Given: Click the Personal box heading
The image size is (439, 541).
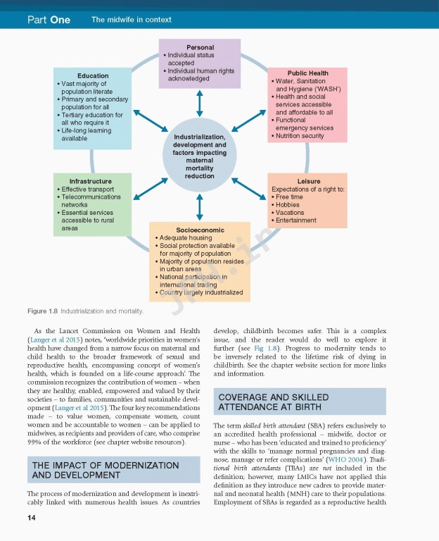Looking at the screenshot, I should pos(200,48).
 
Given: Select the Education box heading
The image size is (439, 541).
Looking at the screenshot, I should pos(93,76).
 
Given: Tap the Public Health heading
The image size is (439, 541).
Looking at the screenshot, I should pos(307,73).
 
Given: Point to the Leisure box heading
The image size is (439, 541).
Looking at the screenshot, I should pos(308,181).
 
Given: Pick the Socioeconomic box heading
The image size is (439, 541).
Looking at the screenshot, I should pos(200,230).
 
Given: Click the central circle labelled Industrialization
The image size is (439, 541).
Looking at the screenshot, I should pos(200,156).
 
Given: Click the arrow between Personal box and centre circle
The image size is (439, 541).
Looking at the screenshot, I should pos(200,102).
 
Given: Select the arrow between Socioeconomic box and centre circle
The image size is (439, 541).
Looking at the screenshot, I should pos(200,207).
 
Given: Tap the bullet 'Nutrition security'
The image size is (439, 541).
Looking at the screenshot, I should pos(300,136).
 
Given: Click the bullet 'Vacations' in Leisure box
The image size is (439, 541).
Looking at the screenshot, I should pos(290,213).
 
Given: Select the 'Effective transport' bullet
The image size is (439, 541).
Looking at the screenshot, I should pos(88,189).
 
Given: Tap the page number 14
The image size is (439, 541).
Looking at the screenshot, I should pos(32,518).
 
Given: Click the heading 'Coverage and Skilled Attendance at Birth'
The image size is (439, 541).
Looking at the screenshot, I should pos(274,402).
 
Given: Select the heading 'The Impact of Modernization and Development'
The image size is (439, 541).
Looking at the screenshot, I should pos(106,471).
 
